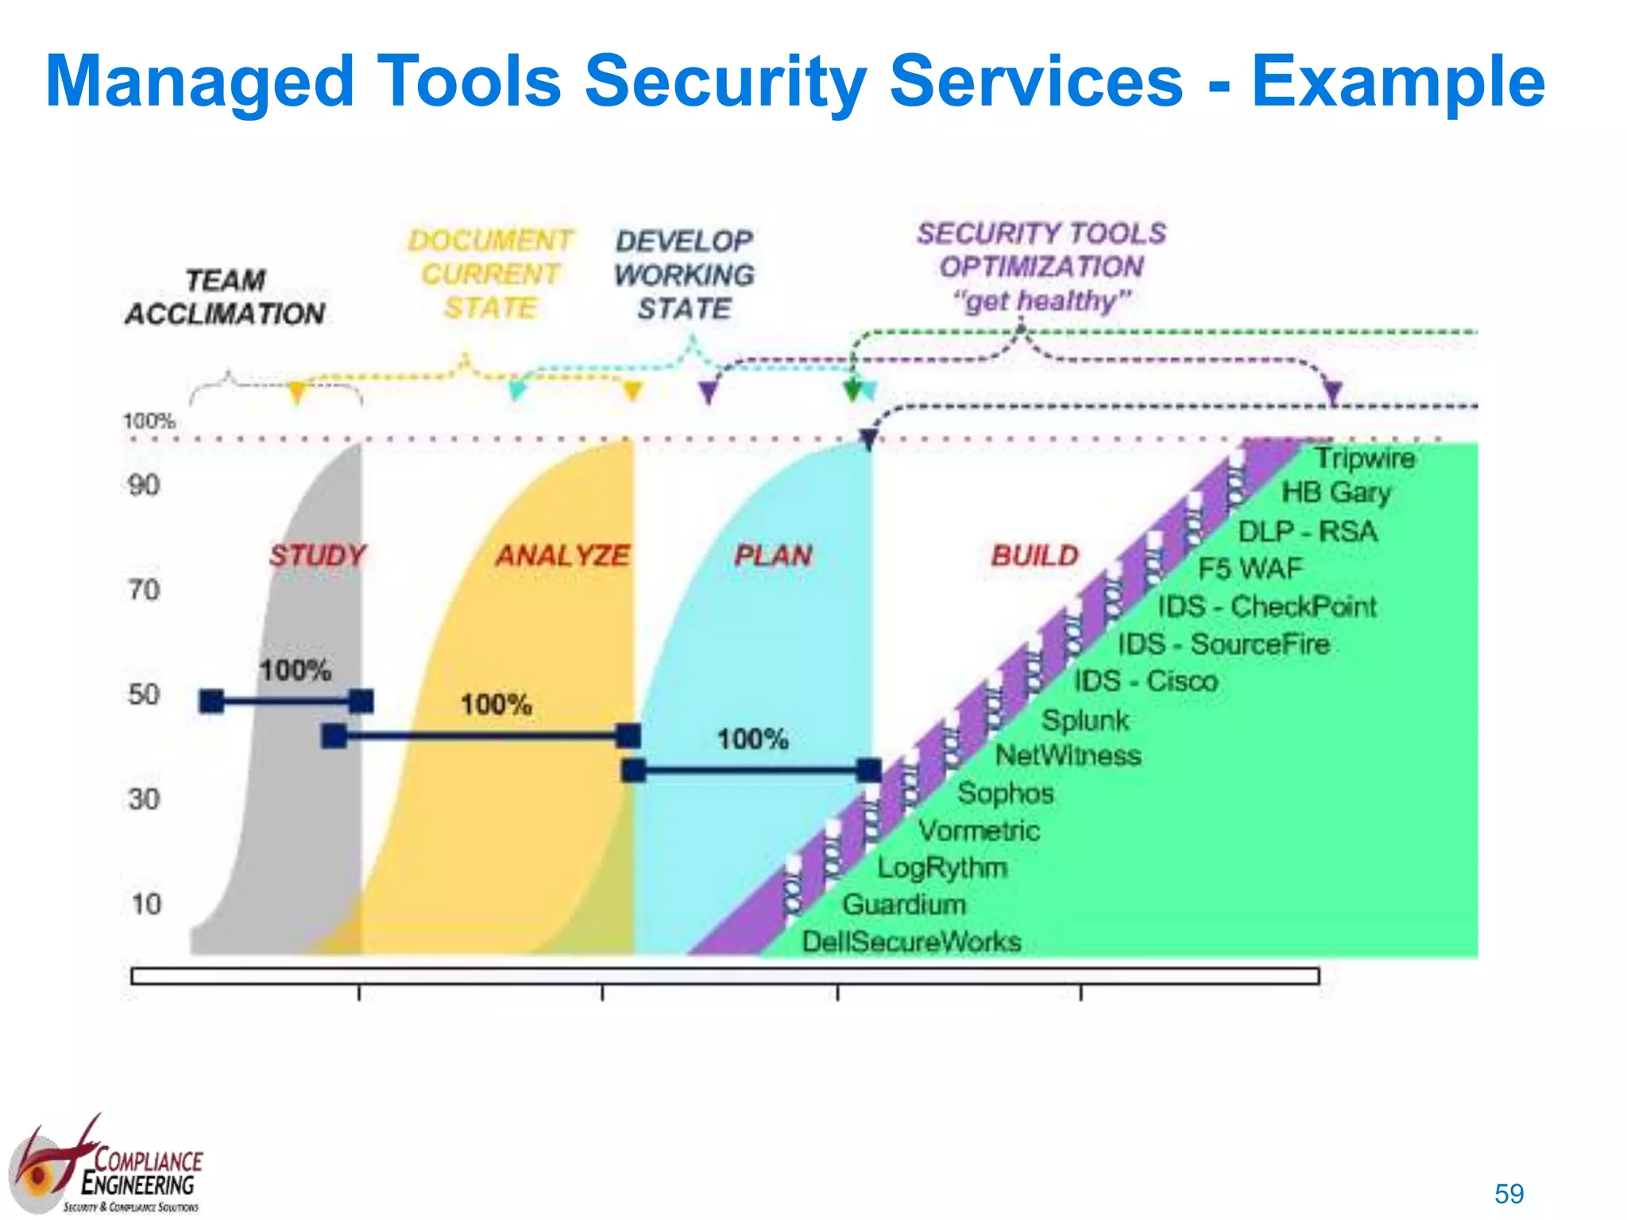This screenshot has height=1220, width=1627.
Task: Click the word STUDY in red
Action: pos(317,554)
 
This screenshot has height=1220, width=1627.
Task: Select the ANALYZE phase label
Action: pos(562,554)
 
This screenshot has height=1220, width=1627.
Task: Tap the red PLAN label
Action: pos(773,554)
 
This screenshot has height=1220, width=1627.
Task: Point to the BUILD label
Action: pos(1034,554)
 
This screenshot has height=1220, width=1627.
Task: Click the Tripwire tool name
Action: pos(1364,457)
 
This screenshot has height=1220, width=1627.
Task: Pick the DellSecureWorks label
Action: pos(911,941)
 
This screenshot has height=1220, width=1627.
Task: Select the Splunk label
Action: pos(1084,720)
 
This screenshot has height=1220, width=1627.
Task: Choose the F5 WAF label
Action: pos(1250,568)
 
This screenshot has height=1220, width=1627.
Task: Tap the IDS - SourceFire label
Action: pos(1223,643)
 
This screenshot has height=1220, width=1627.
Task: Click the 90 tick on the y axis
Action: pos(144,485)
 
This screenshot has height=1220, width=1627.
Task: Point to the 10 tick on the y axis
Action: pos(145,904)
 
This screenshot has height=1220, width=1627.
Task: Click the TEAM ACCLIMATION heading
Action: pos(225,297)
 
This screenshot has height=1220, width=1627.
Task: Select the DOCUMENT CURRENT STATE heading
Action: pos(490,273)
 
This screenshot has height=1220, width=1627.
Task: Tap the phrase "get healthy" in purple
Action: pos(1042,301)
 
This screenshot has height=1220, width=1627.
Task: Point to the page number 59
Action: pos(1509,1194)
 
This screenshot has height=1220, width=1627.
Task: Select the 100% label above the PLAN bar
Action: pos(752,739)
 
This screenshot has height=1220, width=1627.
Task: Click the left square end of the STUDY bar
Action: pos(211,701)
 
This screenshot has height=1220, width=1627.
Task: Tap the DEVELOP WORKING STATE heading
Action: pos(684,274)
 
